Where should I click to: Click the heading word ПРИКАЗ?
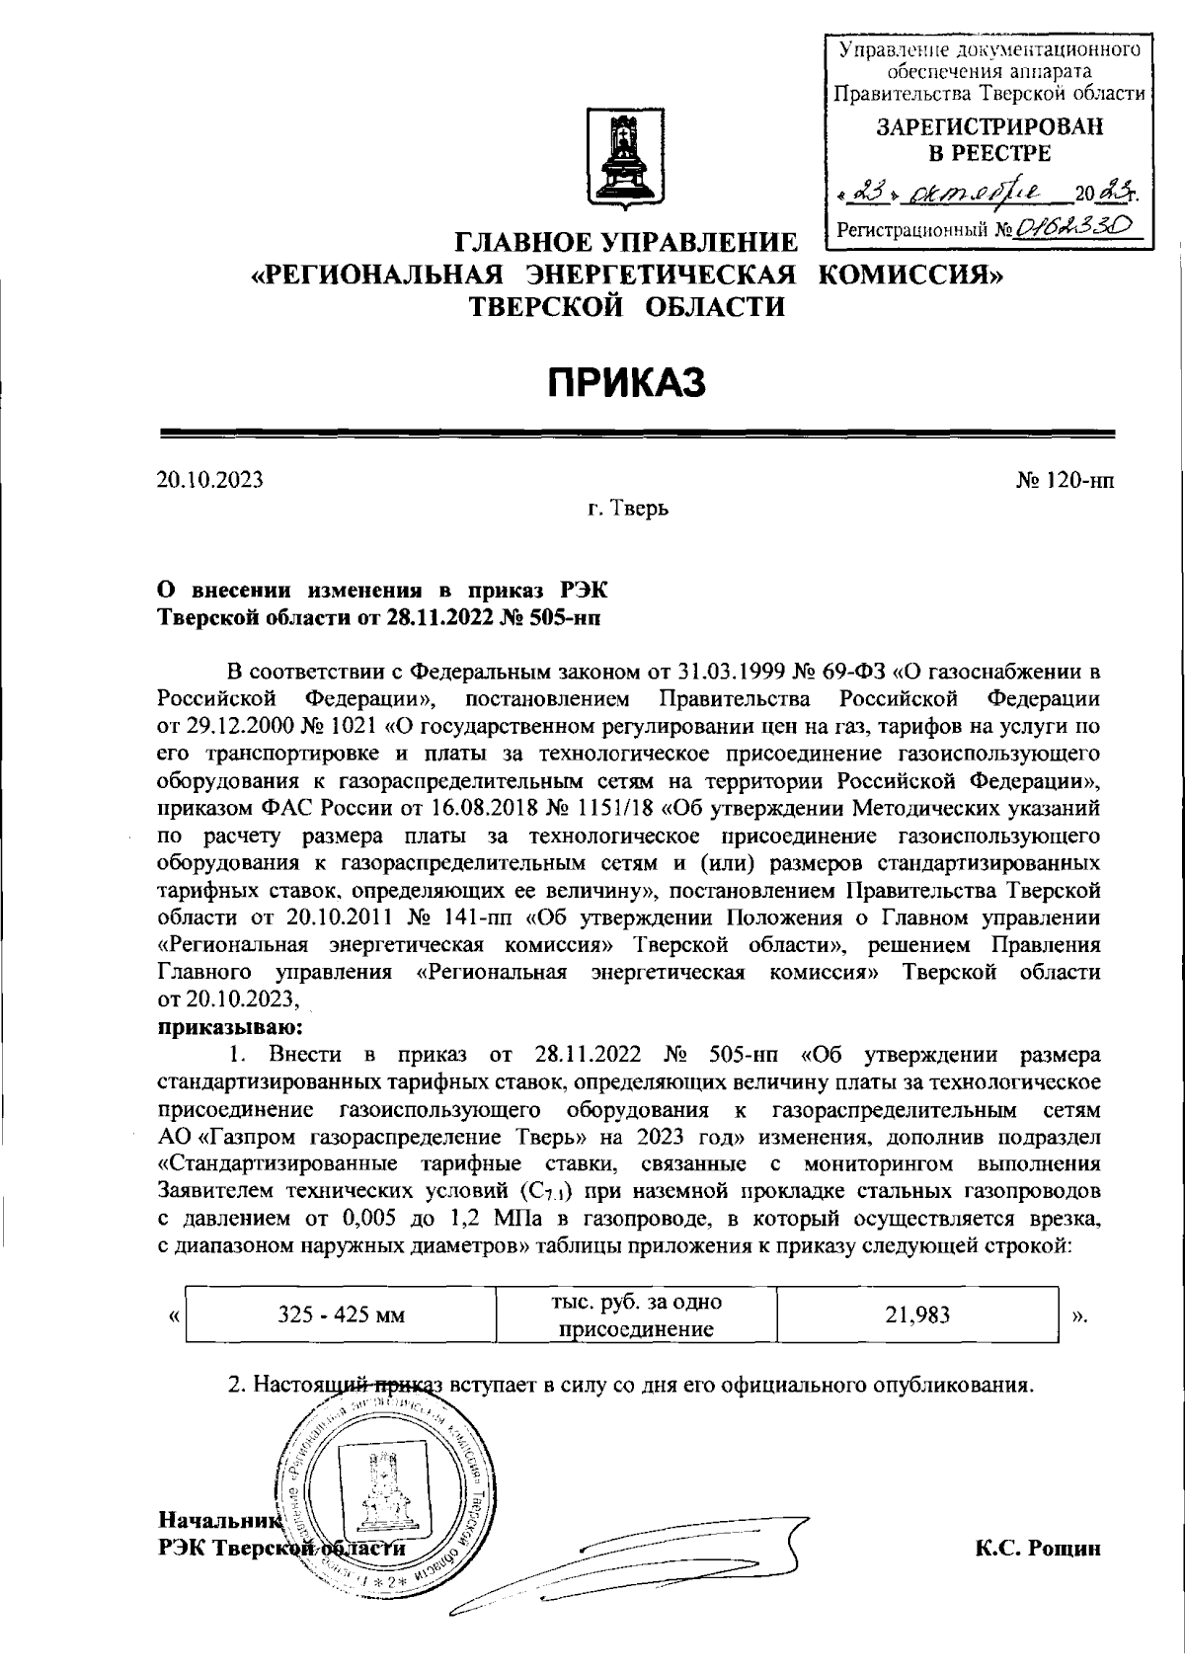(x=627, y=381)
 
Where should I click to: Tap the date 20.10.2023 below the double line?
(x=210, y=480)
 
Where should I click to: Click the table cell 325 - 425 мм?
(x=341, y=1316)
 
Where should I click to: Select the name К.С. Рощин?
(x=1037, y=1548)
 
